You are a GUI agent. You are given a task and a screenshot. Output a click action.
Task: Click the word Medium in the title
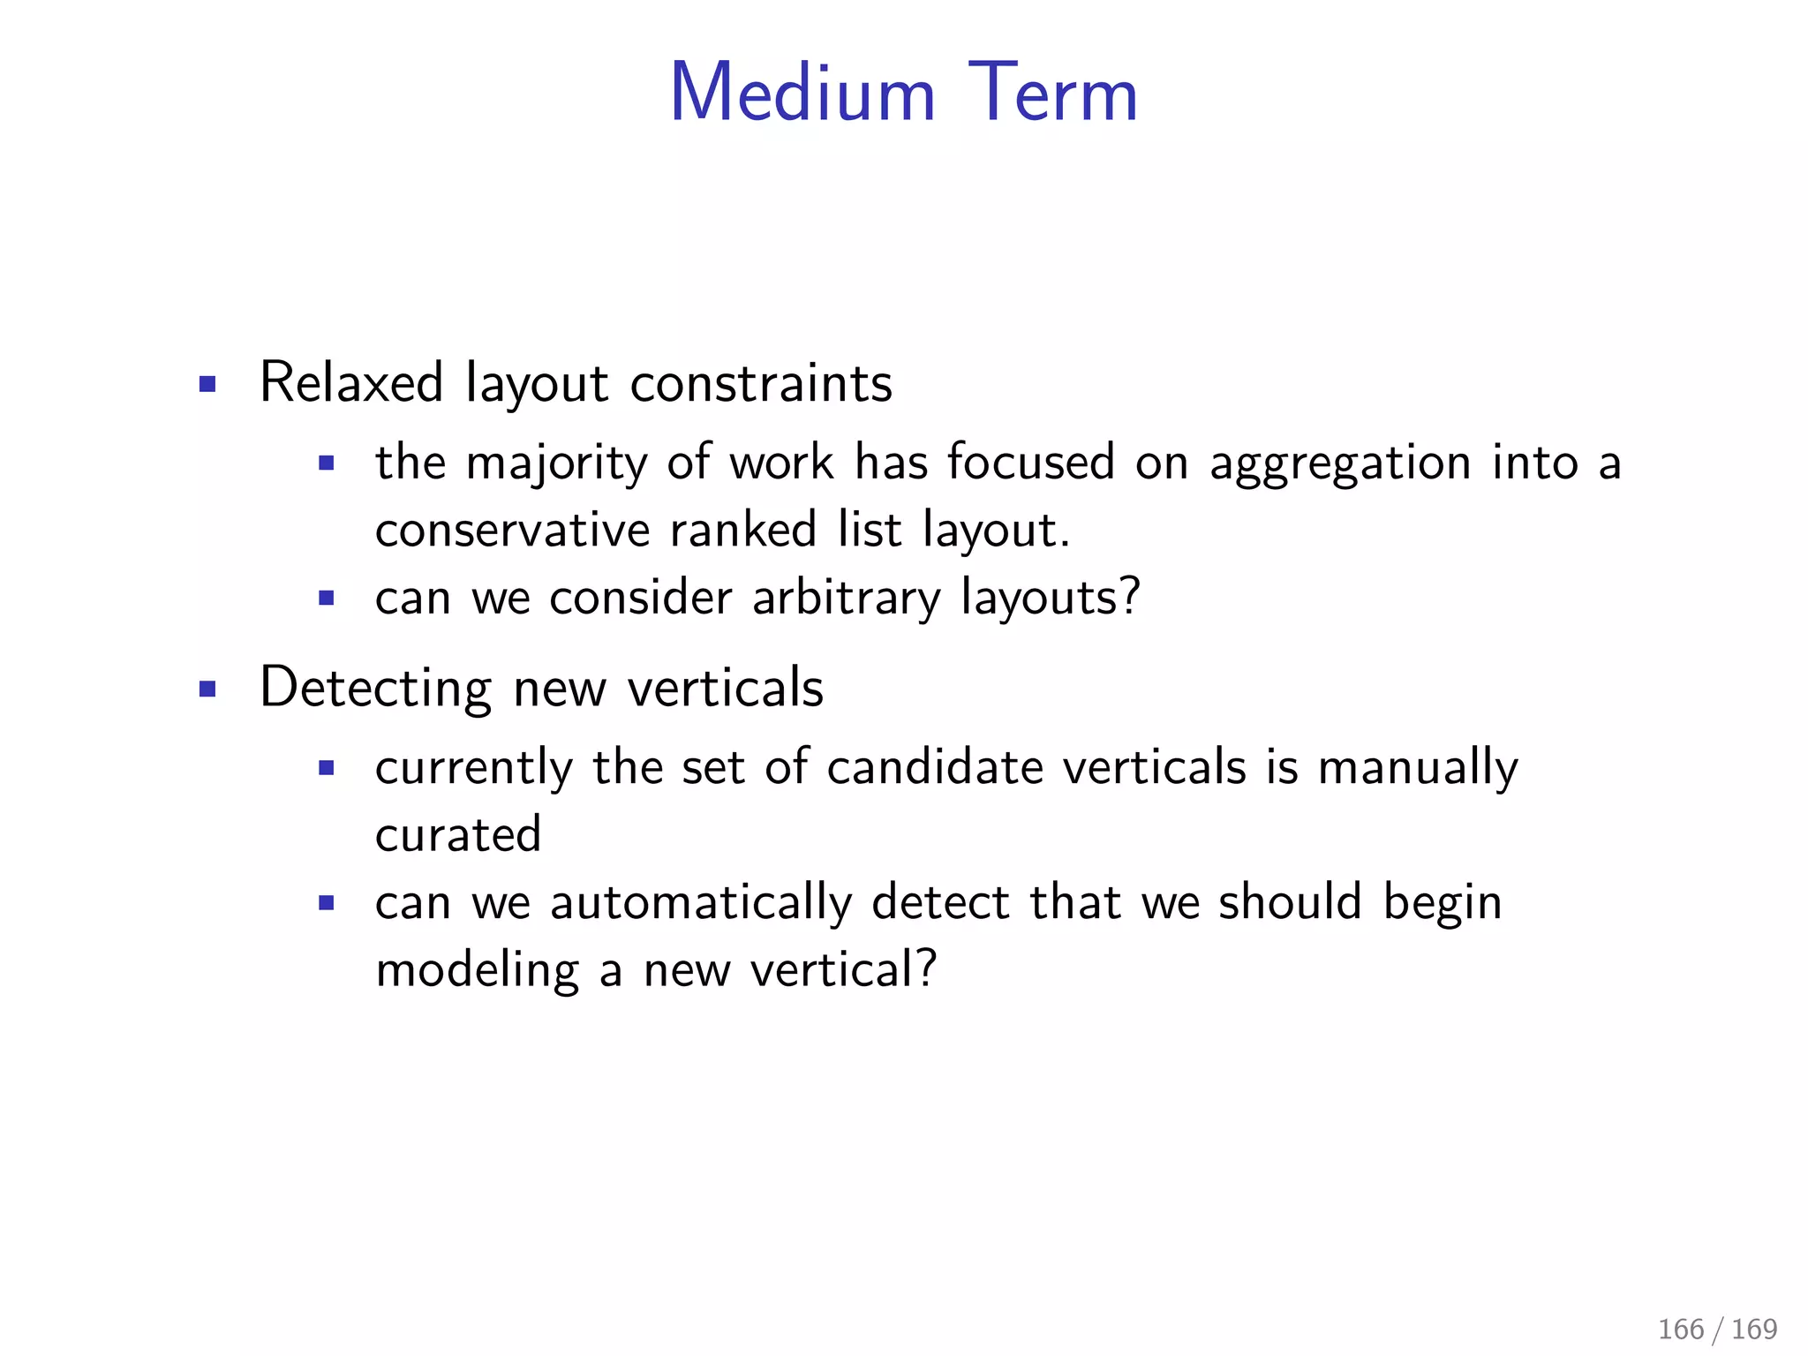pos(802,94)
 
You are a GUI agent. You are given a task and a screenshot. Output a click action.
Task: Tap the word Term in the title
pos(1052,94)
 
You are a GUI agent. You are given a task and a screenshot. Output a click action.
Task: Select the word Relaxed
pos(351,383)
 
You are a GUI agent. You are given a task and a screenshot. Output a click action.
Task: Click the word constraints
pos(761,383)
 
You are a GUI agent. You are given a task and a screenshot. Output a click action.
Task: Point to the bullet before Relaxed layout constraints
pos(207,384)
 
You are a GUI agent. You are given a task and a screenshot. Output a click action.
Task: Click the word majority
pos(556,463)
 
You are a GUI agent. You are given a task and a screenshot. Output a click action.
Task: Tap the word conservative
pos(513,531)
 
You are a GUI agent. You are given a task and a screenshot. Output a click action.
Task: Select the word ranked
pos(743,531)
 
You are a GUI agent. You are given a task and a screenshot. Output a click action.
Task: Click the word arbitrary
pos(847,598)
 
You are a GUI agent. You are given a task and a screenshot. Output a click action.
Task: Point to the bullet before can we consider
pos(327,599)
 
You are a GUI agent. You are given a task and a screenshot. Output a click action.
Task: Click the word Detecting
pos(376,688)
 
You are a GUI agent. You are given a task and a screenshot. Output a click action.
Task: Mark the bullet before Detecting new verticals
pos(207,689)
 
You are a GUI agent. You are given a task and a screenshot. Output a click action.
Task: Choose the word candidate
pos(935,767)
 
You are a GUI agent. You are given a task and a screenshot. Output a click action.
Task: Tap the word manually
pos(1418,767)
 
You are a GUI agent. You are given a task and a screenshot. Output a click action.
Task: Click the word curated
pos(458,834)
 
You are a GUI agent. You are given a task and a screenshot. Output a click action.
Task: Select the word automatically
pos(701,903)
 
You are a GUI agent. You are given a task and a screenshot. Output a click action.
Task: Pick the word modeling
pos(477,970)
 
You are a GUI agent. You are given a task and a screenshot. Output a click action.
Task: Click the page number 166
pos(1681,1329)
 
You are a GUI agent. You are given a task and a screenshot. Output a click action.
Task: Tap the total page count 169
pos(1755,1329)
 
